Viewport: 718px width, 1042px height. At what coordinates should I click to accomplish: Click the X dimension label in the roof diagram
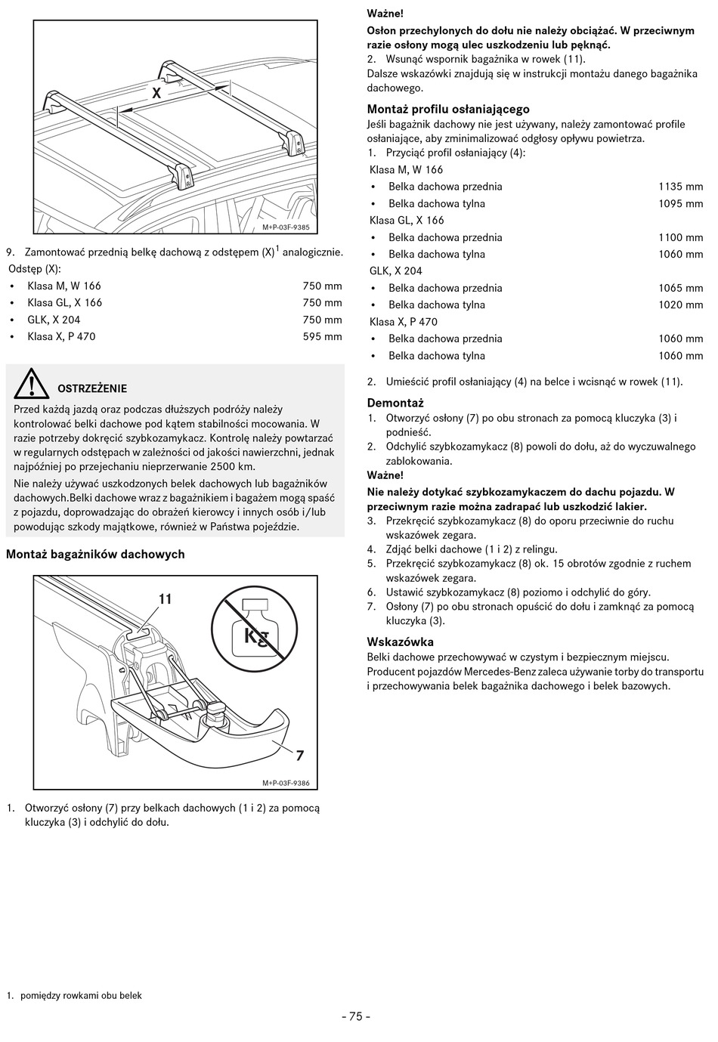coord(156,94)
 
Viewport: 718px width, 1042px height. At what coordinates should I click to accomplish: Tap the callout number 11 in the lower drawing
coord(165,599)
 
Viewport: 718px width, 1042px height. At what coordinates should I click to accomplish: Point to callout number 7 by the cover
coord(299,755)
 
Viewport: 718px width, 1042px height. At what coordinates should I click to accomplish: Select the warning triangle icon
coord(31,384)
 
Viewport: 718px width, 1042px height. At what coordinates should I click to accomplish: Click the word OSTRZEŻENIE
coord(92,388)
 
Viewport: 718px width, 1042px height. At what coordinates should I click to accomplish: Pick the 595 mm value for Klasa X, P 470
coord(322,337)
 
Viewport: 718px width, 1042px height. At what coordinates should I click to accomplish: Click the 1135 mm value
coord(680,187)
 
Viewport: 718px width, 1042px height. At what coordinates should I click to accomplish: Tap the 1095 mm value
coord(680,204)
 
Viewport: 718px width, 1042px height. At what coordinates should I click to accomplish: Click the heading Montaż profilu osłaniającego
coord(448,110)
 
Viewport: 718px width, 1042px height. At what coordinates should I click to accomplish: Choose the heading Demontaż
coord(395,403)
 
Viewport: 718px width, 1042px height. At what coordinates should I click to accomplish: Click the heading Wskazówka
coord(400,642)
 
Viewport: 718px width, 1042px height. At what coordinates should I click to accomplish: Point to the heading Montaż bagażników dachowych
coord(95,555)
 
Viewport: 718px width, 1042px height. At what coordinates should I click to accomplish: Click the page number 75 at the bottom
coord(356,1016)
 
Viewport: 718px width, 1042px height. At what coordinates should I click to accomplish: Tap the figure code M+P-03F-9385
coord(286,227)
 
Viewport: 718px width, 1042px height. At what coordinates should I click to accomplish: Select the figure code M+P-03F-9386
coord(286,784)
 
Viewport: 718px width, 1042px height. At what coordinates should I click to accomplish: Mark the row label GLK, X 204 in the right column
coord(396,271)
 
